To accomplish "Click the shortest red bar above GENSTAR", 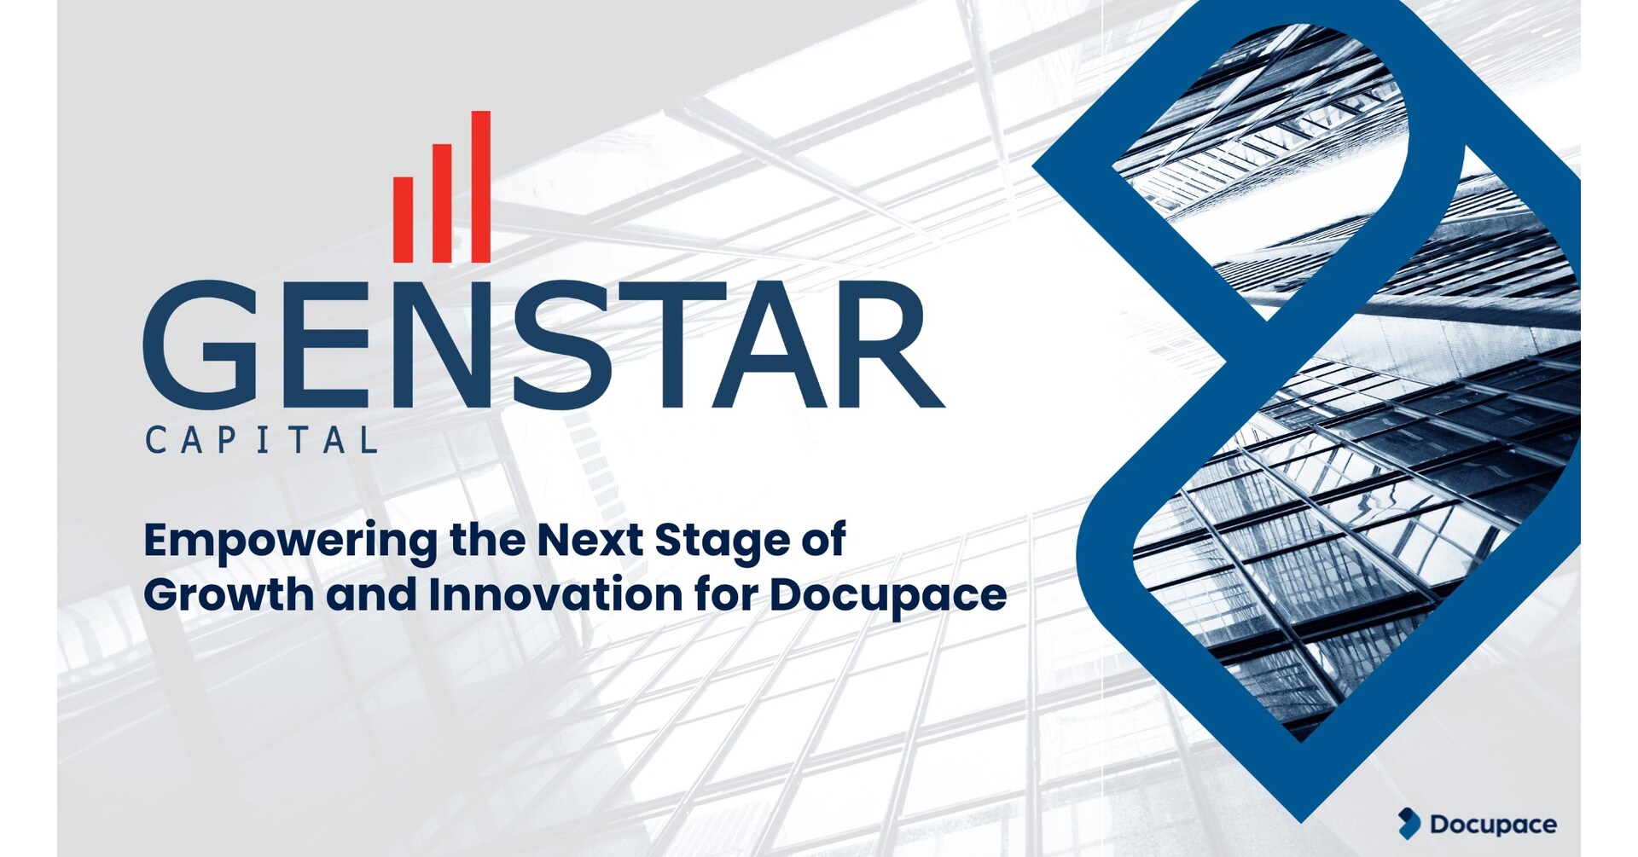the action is tap(403, 219).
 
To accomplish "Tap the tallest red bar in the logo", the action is tap(481, 187).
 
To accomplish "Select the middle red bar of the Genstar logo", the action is tap(442, 203).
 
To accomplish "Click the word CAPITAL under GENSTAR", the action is tap(261, 440).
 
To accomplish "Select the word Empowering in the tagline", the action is tap(290, 542).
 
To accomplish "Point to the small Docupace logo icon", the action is tap(1409, 823).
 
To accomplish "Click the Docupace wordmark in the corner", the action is tap(1493, 825).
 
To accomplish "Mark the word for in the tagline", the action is tap(726, 594).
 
